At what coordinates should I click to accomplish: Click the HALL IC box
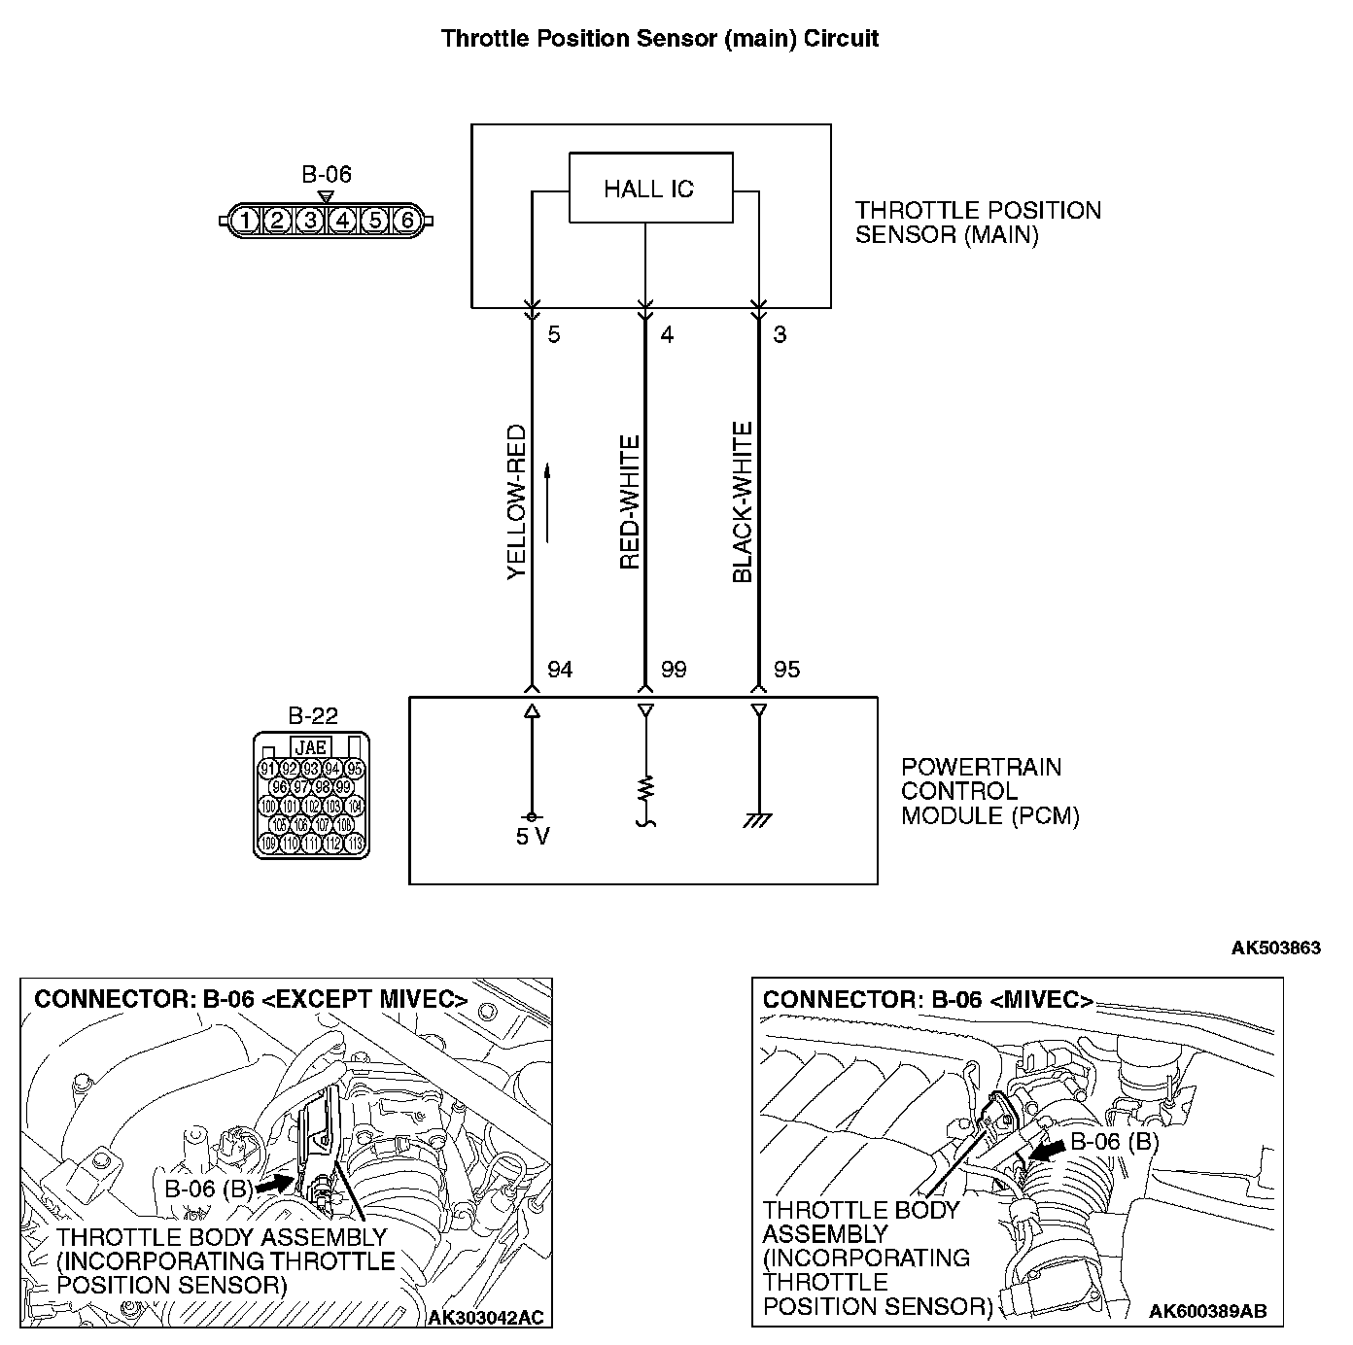tap(650, 188)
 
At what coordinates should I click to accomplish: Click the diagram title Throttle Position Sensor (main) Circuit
tap(660, 38)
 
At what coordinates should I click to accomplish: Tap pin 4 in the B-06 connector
tap(342, 221)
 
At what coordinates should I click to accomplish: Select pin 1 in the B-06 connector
tap(246, 221)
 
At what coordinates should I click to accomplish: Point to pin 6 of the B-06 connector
tap(407, 221)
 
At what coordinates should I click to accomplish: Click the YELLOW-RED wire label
tap(516, 502)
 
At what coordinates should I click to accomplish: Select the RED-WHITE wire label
tap(630, 502)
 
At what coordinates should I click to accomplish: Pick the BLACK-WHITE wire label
tap(743, 502)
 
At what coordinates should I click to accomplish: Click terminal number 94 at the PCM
tap(561, 670)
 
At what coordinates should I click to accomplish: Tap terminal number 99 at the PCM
tap(674, 670)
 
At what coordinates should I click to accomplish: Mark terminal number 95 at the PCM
tap(786, 670)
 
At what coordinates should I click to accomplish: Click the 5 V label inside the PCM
tap(533, 836)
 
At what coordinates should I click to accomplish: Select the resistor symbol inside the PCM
tap(645, 787)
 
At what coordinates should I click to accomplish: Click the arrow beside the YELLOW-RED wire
tap(548, 502)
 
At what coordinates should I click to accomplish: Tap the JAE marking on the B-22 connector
tap(310, 747)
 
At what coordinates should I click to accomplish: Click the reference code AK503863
tap(1275, 948)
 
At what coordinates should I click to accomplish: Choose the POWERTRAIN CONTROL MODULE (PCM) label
tap(989, 791)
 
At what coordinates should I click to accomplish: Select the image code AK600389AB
tap(1207, 1311)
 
